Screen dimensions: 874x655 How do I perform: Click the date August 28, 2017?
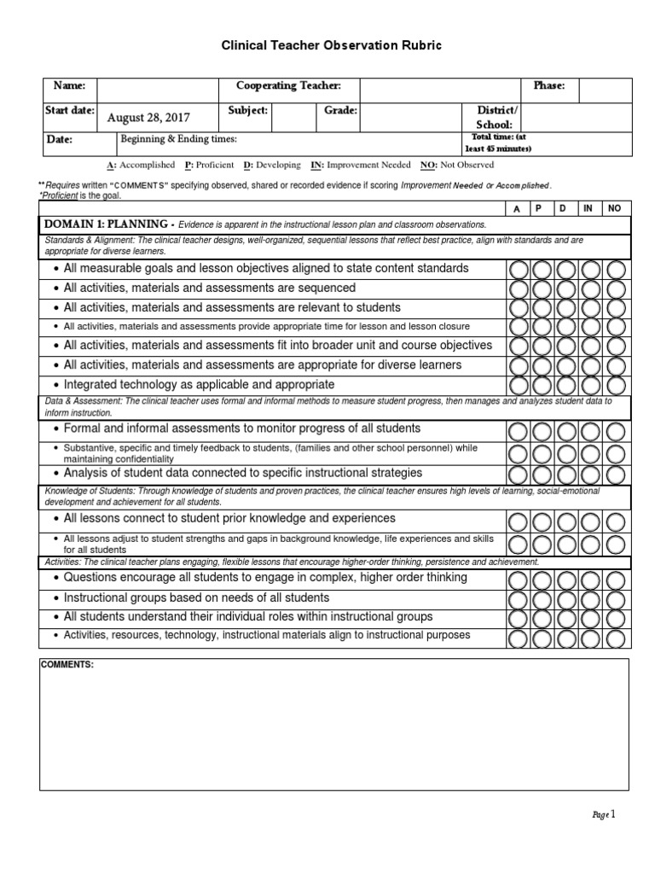(x=148, y=118)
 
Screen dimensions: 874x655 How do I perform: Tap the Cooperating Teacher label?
(x=288, y=86)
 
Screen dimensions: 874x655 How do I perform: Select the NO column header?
(x=615, y=208)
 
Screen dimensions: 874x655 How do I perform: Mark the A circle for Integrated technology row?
(x=518, y=386)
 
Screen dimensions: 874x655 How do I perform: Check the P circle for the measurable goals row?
(x=542, y=269)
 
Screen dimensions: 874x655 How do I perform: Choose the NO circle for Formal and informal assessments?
(x=616, y=429)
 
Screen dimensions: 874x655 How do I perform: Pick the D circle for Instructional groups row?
(x=566, y=598)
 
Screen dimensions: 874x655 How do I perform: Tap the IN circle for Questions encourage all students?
(x=591, y=579)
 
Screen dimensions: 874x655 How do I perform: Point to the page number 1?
(x=611, y=814)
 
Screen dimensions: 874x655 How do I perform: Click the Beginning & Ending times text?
(x=179, y=139)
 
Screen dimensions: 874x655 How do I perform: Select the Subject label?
(x=248, y=111)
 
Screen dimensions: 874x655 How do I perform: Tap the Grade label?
(x=340, y=111)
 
